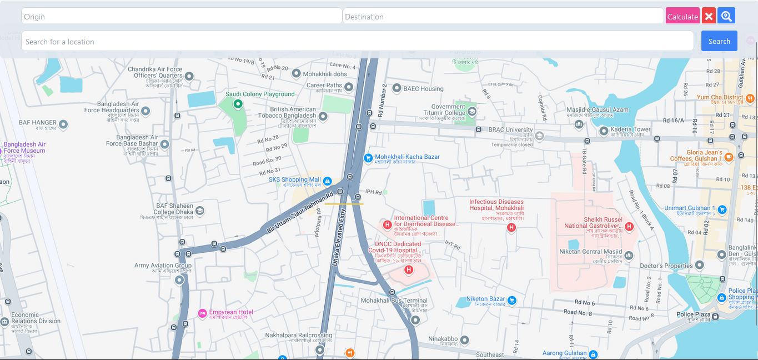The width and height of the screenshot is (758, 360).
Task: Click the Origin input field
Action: pos(181,16)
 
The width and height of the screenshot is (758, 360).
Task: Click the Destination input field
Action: pos(503,16)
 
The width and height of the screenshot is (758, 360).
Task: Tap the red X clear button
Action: pos(709,16)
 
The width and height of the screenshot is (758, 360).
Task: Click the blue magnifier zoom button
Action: pos(726,16)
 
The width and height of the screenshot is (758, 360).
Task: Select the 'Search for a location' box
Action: pos(357,41)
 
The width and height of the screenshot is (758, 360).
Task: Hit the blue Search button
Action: pos(719,41)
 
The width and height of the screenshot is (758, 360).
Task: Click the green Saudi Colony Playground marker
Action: pos(238,103)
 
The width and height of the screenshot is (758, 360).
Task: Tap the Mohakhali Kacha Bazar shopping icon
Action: pos(368,158)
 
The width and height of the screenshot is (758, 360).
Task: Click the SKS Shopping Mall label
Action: pos(295,180)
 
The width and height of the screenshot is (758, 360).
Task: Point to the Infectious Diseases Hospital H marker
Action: pos(511,227)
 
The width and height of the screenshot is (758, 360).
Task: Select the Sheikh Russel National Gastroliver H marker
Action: pos(629,226)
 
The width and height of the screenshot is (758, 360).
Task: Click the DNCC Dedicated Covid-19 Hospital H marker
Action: pos(409,270)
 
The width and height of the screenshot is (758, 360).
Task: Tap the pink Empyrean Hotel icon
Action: pos(202,313)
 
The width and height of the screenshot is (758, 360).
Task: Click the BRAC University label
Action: pos(510,130)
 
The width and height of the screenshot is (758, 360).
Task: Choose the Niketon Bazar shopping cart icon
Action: pos(512,301)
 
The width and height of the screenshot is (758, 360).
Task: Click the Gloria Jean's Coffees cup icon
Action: pos(729,157)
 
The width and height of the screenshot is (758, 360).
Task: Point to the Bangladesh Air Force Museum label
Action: pos(24,147)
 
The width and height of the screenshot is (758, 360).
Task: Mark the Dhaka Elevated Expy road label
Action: pos(339,236)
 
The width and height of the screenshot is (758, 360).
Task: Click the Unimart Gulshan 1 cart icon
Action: pos(722,209)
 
